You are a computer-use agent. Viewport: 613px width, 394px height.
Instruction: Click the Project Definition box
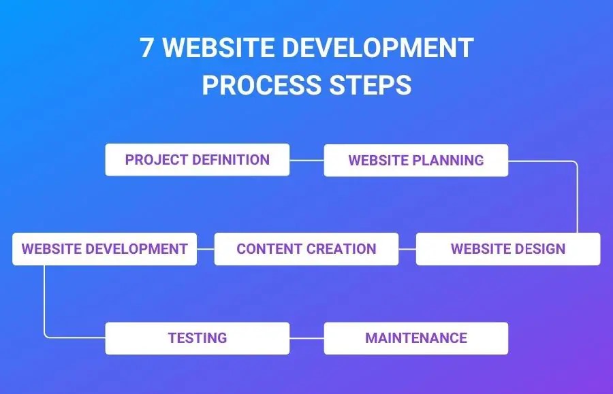point(198,160)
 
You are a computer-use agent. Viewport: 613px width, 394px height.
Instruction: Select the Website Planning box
point(416,161)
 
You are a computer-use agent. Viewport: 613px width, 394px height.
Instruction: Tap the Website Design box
point(508,249)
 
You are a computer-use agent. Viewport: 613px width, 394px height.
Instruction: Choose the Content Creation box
point(306,249)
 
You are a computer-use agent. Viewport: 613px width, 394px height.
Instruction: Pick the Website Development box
point(104,249)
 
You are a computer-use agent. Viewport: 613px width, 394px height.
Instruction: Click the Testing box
point(198,338)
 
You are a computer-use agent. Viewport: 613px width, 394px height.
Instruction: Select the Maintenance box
point(416,338)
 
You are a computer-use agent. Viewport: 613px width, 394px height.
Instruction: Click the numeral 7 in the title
point(146,48)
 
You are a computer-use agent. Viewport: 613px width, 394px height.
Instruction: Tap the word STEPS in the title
point(371,85)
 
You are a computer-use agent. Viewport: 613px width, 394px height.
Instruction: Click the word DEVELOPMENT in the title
point(377,48)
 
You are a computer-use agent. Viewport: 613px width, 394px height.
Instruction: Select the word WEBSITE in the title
point(218,48)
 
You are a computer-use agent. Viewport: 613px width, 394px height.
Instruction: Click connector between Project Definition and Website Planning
point(307,160)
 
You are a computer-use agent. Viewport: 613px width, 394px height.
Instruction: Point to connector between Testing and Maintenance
point(307,338)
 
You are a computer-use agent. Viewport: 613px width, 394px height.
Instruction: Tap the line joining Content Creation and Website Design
point(407,249)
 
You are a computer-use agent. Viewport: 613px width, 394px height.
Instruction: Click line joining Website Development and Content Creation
point(206,249)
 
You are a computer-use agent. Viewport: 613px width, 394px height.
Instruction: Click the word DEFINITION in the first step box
point(231,160)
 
